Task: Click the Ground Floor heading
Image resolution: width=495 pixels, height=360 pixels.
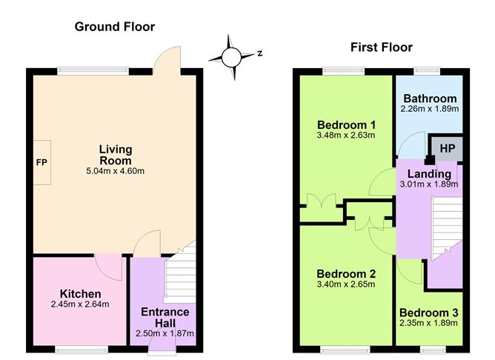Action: coord(115,27)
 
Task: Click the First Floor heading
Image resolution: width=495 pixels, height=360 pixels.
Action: coord(382,47)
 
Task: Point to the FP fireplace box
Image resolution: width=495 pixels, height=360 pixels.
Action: coord(42,162)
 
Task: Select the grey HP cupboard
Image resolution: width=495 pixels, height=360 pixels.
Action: coord(447,148)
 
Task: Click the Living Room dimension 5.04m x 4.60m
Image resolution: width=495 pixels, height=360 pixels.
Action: coord(115,171)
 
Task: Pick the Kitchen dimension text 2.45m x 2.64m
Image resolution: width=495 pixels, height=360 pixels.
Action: coord(80,304)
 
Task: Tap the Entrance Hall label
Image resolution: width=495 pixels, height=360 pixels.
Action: coord(165,317)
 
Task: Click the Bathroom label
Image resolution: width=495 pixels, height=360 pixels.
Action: coord(430,99)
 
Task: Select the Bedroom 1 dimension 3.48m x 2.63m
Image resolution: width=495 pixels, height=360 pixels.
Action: coord(346,136)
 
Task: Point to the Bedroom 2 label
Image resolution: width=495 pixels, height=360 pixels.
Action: coord(346,274)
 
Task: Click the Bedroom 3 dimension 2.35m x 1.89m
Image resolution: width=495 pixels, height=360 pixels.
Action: coord(428,323)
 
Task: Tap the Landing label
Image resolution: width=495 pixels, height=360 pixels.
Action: coord(429,174)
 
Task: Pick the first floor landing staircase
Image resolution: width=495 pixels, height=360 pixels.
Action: coord(446,228)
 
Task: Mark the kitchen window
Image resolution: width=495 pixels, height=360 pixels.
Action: coord(82,350)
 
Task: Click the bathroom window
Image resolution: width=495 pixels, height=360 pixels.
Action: coord(427,71)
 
